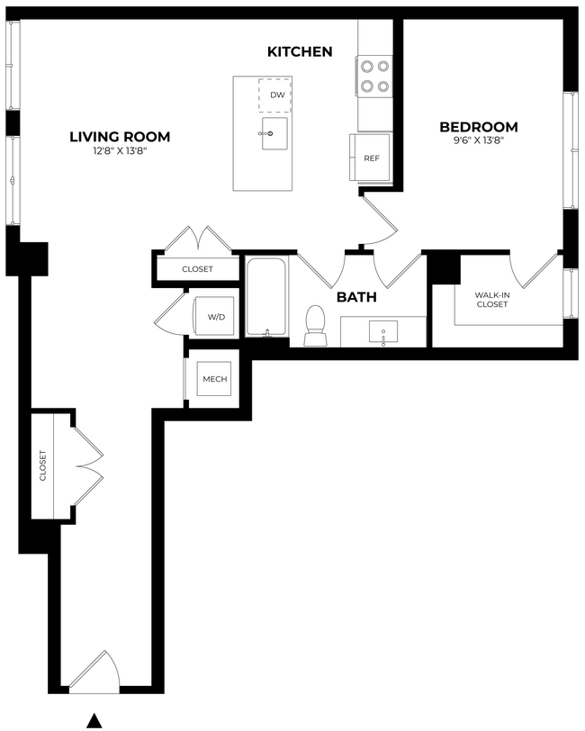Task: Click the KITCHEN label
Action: (x=300, y=52)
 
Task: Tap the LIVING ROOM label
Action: (x=120, y=137)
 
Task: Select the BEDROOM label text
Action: (x=478, y=127)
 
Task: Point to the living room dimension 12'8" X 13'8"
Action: (x=120, y=151)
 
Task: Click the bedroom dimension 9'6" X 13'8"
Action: (x=478, y=140)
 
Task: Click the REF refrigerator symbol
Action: (x=371, y=158)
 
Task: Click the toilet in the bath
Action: (x=316, y=326)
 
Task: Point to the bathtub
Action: (x=265, y=298)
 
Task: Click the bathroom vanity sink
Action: (x=384, y=331)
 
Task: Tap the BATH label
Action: (x=356, y=297)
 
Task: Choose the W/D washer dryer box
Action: (x=216, y=317)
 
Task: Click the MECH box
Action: (x=214, y=379)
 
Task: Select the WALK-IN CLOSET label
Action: (x=492, y=300)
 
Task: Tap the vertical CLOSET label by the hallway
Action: (x=42, y=466)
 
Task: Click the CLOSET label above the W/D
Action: (x=197, y=269)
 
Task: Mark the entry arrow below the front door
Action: (x=93, y=717)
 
